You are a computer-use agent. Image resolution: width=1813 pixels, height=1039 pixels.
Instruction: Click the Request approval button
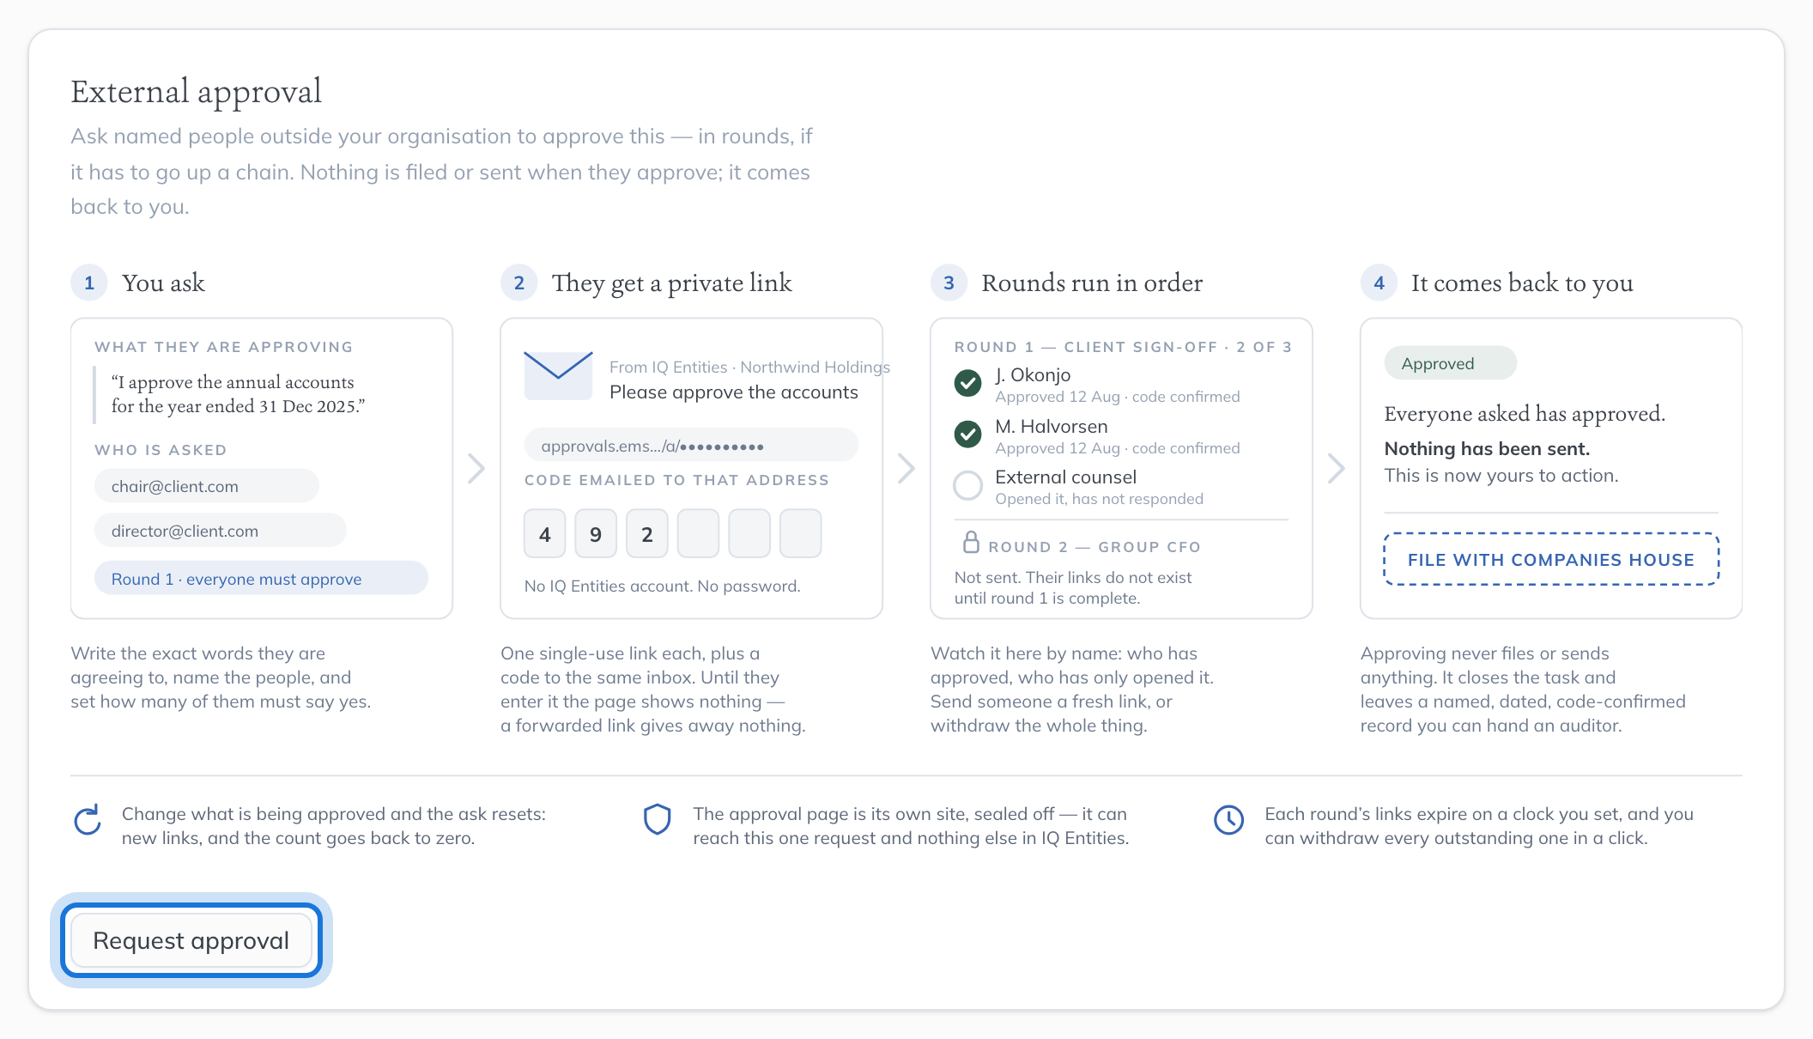(191, 940)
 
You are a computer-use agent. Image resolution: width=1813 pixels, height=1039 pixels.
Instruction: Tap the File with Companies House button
(1551, 559)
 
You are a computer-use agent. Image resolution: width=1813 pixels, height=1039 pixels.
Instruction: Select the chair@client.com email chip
(206, 486)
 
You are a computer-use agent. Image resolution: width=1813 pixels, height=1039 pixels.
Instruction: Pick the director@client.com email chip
(220, 531)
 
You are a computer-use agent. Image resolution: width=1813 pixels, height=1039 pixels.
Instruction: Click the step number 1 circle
(89, 283)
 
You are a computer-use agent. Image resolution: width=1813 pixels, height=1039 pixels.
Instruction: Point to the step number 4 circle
(1379, 283)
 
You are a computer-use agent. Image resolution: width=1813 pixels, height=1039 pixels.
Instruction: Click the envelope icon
(558, 375)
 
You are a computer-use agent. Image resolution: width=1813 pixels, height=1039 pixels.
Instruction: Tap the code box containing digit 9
(596, 534)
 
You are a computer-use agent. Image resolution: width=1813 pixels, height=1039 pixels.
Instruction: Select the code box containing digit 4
(545, 534)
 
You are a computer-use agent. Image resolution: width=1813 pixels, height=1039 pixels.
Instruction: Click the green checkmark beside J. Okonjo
(968, 383)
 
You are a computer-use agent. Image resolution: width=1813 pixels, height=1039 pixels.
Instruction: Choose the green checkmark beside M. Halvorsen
(968, 434)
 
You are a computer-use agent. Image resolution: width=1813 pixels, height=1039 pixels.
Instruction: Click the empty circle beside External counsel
(968, 485)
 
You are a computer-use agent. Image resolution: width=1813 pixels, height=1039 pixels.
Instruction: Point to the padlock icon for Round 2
(971, 542)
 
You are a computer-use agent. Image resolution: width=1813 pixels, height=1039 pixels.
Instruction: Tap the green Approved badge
(1451, 363)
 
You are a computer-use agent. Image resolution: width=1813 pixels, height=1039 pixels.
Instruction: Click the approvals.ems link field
(691, 446)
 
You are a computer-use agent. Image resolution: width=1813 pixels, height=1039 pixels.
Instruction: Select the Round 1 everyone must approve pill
(261, 579)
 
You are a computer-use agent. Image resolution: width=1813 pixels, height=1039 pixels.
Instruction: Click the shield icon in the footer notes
(658, 819)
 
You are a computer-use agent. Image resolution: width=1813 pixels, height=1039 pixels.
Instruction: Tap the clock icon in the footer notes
(1229, 820)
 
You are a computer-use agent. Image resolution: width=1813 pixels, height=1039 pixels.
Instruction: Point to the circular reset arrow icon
(88, 820)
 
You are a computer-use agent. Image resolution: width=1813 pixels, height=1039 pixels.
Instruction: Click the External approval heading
(197, 92)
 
